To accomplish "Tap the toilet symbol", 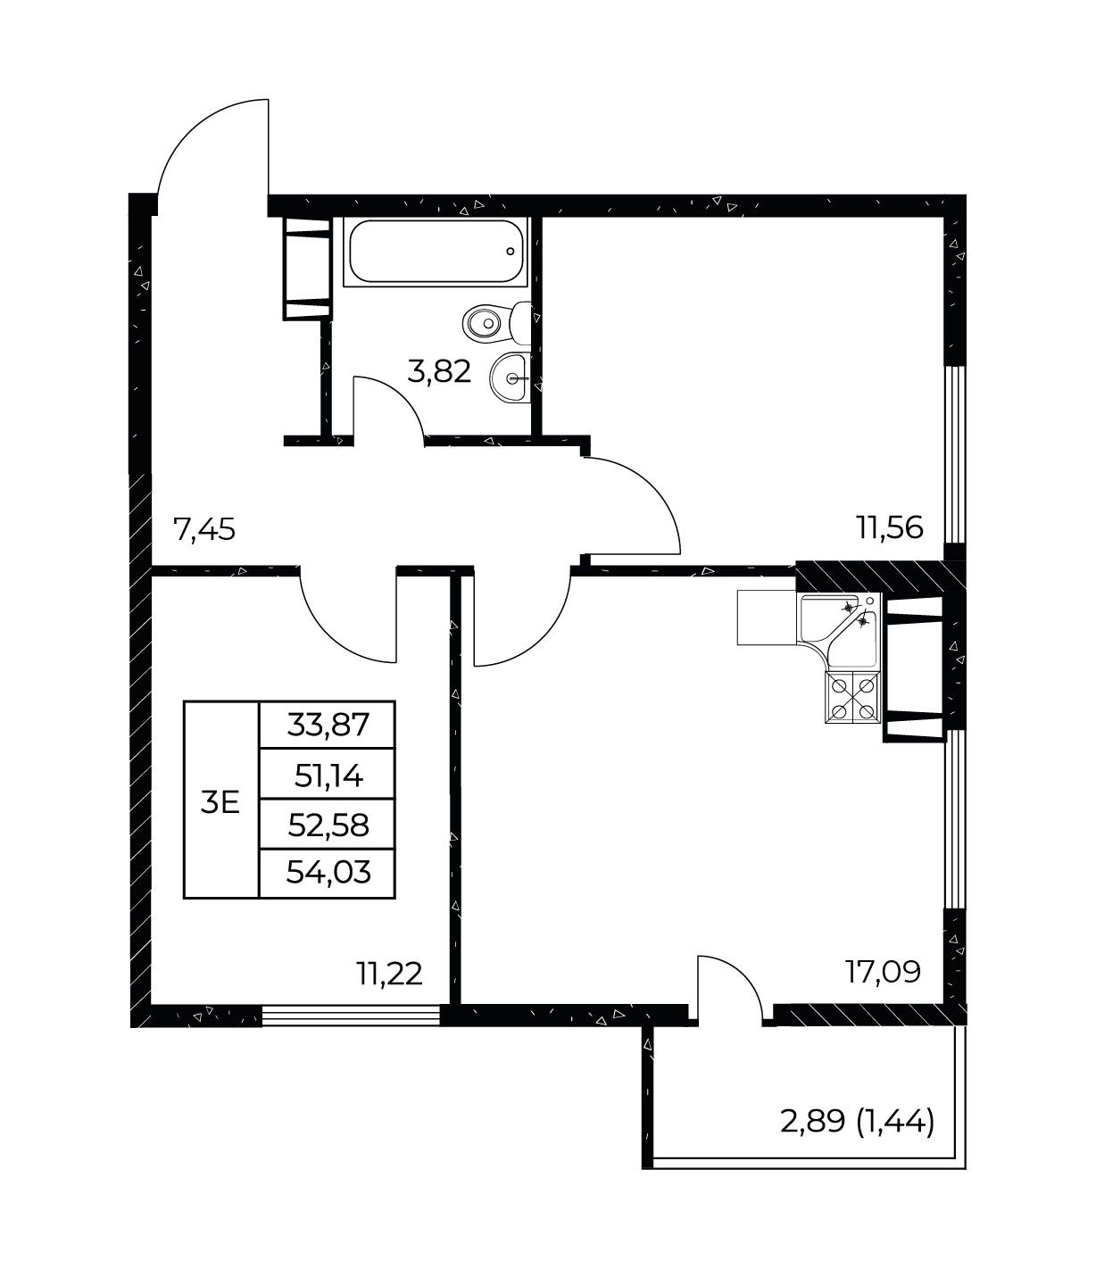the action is (497, 321).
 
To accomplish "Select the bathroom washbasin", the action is (509, 378).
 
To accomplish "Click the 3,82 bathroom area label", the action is (439, 371).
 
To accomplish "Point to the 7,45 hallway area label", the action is (204, 528).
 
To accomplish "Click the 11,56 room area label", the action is (891, 527).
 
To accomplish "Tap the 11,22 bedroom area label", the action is (390, 973).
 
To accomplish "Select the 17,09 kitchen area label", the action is (884, 971).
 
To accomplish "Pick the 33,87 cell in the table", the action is (328, 725).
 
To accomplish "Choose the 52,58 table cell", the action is (328, 825).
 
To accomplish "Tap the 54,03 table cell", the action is (328, 874).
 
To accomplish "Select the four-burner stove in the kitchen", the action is (853, 698).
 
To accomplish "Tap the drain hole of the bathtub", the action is (511, 251).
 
